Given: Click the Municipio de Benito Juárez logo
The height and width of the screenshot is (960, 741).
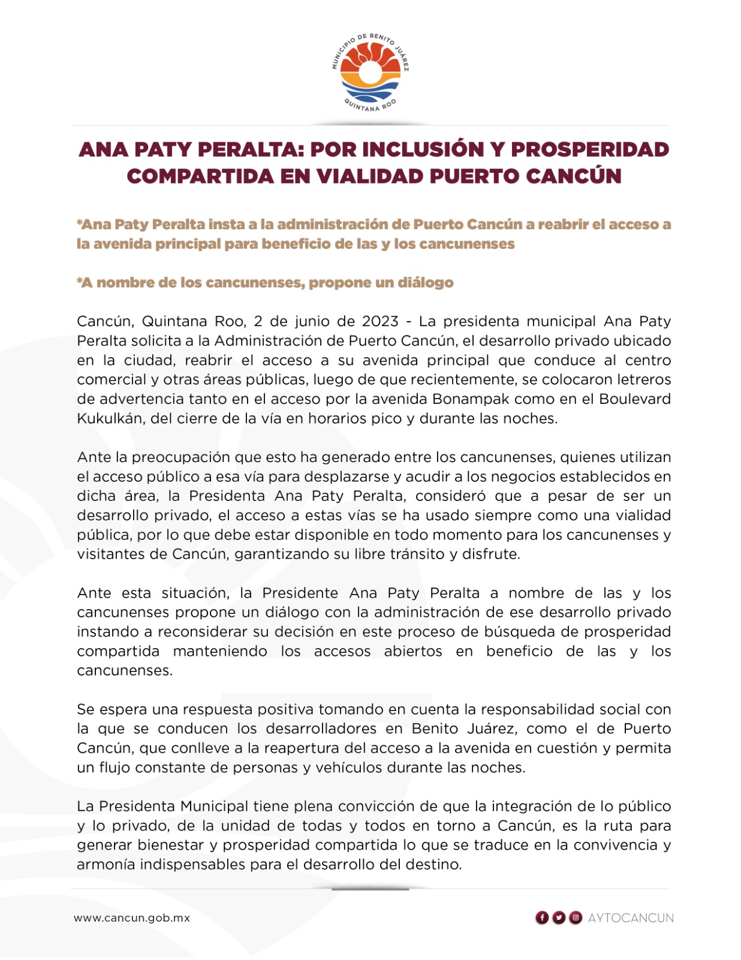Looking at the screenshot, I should (370, 73).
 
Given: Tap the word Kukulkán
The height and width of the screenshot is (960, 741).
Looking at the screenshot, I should (110, 419).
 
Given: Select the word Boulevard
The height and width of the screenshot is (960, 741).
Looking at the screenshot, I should (635, 399).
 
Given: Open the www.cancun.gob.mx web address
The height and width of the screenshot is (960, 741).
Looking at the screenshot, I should (132, 917).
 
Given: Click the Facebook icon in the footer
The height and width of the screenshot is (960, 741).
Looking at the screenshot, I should (542, 917).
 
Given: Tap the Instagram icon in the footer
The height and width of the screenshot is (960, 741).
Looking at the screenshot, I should (576, 917).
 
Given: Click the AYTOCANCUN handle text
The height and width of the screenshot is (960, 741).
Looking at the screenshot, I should (631, 918).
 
